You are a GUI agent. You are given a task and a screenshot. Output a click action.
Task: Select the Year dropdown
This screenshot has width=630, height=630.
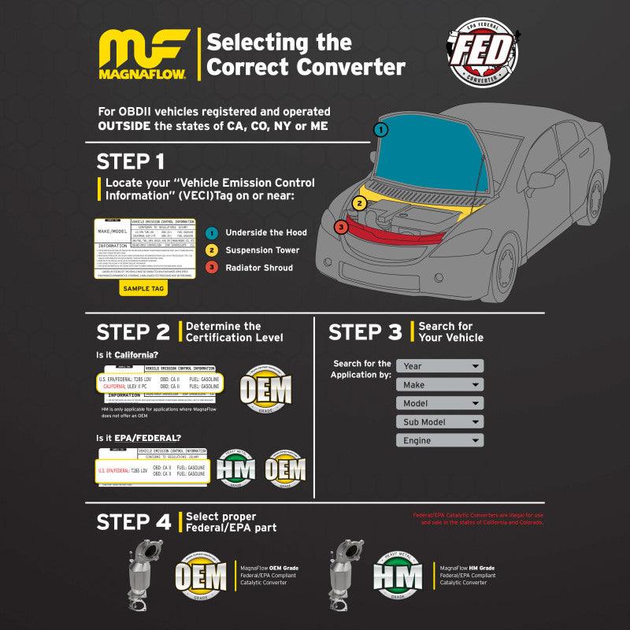click(439, 366)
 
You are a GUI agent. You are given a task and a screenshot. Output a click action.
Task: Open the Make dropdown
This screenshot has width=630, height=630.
click(439, 384)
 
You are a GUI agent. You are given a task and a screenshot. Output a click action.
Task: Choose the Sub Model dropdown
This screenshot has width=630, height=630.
click(439, 422)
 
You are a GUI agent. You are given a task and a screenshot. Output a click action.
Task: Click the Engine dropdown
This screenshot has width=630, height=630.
click(439, 440)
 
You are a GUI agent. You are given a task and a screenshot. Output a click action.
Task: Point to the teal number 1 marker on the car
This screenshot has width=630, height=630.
click(381, 129)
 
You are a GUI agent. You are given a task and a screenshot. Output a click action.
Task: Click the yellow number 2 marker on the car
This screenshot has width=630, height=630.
click(359, 203)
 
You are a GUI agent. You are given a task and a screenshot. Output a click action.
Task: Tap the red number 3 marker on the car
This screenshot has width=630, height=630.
click(340, 228)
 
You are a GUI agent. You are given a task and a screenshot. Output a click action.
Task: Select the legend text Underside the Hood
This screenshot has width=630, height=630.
click(265, 232)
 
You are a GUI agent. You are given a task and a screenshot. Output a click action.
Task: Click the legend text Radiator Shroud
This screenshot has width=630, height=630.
click(259, 268)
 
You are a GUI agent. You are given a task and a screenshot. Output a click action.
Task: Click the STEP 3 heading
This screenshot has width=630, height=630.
click(365, 332)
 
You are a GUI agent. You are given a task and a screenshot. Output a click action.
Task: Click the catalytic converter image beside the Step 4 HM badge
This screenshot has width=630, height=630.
click(346, 575)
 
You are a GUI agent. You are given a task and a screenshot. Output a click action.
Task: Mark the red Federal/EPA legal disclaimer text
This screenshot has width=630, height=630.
click(478, 519)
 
